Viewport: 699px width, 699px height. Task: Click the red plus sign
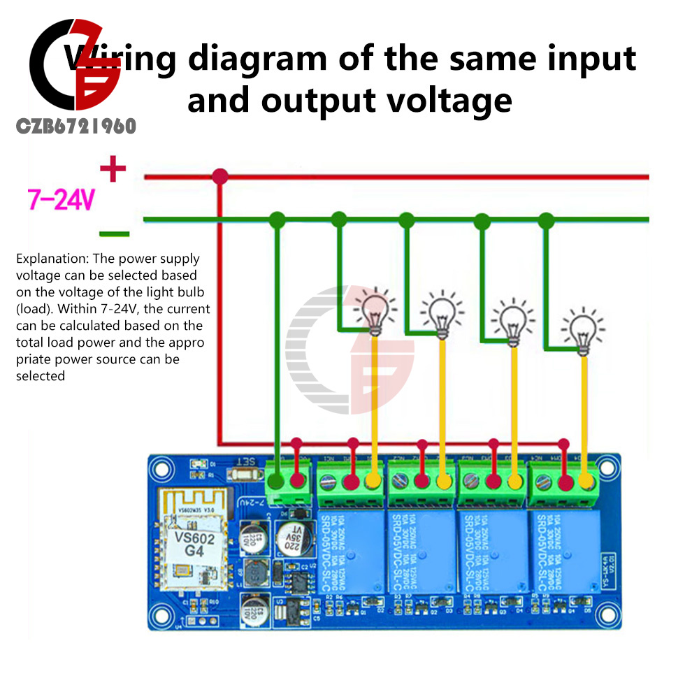pos(113,168)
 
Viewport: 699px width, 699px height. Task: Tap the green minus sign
pos(113,233)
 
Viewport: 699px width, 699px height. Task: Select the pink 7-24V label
pos(60,201)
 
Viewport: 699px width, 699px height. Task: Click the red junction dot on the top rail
pos(220,176)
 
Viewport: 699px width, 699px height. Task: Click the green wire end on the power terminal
pos(278,482)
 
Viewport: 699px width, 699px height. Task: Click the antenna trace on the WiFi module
pos(184,506)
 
